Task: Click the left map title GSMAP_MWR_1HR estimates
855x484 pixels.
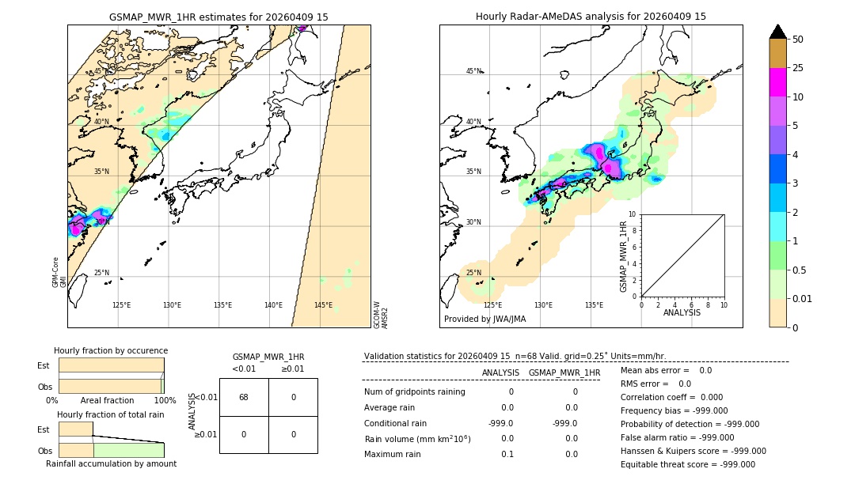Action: point(218,17)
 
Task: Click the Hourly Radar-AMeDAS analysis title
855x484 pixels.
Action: point(591,17)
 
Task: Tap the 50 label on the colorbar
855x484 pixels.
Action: point(798,40)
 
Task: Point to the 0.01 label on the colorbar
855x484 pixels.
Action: point(803,298)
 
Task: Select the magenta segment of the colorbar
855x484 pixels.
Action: point(777,82)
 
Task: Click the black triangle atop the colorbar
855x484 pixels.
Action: point(777,32)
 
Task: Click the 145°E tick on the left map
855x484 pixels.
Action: point(323,305)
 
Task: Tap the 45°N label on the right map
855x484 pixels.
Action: point(473,72)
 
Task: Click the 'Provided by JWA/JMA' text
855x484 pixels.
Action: point(484,320)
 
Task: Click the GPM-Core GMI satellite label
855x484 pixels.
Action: point(59,271)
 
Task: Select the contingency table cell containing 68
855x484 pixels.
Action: point(244,397)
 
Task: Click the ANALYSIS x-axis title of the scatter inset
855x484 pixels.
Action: point(682,312)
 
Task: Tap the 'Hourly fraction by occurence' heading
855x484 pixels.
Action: point(111,350)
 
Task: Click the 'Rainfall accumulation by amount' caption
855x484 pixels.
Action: point(111,463)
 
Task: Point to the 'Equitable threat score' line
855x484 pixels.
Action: point(687,465)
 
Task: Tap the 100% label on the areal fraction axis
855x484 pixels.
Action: point(165,401)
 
